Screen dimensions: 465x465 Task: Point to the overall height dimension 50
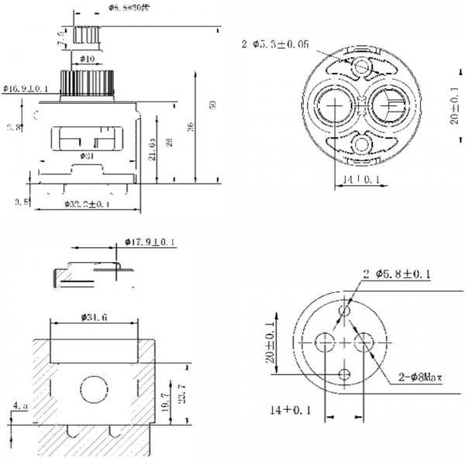[212, 105]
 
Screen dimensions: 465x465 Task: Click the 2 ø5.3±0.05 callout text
[275, 44]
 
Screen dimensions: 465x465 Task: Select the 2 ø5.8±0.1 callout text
[398, 274]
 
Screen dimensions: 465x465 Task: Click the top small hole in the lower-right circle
[346, 310]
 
